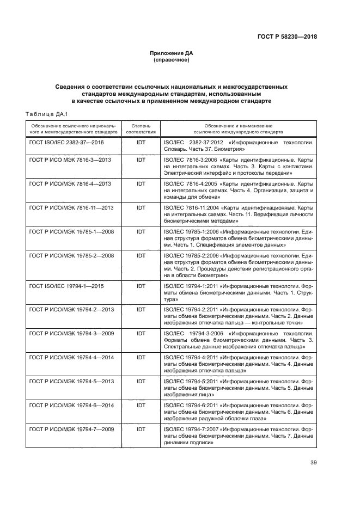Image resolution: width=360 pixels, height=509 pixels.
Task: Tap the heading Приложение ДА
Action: tap(172, 53)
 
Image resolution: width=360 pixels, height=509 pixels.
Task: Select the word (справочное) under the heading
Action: tap(172, 60)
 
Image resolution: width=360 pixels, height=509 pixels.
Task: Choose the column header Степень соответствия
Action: tap(141, 128)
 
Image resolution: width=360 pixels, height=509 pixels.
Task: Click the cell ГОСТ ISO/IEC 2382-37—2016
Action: tap(66, 142)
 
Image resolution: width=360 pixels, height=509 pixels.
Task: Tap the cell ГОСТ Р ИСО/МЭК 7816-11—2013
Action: tap(71, 208)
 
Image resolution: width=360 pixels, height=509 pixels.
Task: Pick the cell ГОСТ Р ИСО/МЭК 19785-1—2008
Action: tap(71, 231)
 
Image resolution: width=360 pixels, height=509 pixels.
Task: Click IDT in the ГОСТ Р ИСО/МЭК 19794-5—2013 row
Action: tap(141, 382)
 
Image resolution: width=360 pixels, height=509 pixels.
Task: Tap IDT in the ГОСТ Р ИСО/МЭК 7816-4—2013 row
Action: tap(141, 184)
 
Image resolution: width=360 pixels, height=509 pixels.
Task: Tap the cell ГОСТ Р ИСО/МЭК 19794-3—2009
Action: tap(71, 333)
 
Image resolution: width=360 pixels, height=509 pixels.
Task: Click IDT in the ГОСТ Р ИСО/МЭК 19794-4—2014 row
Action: tap(141, 358)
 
